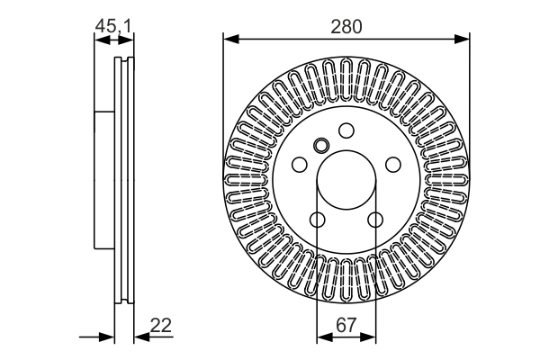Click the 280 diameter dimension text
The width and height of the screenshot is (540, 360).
[x=346, y=26]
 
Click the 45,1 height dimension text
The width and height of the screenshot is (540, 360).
[x=113, y=26]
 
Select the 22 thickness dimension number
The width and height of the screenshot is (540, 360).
[x=161, y=325]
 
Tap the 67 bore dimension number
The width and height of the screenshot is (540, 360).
[x=346, y=325]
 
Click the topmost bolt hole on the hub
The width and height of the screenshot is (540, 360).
[x=346, y=130]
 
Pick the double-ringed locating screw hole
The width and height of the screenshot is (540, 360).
[x=321, y=145]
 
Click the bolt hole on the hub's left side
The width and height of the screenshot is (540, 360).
[x=300, y=165]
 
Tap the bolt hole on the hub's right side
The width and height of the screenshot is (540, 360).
[x=393, y=165]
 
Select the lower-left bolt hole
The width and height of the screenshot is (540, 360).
[x=317, y=220]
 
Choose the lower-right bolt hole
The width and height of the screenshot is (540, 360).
[x=375, y=220]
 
